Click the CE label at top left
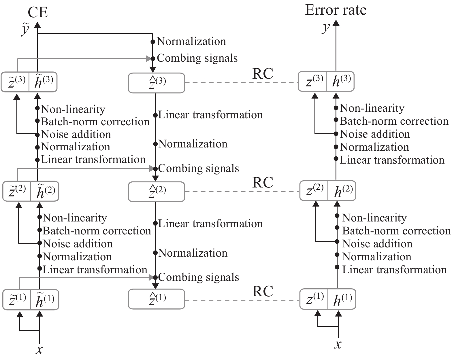(x=38, y=12)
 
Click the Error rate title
(x=336, y=10)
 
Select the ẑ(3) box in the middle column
(x=156, y=83)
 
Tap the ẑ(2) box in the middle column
(x=156, y=192)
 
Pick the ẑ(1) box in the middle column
(x=156, y=299)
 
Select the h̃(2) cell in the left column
(x=45, y=191)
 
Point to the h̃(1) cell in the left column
(x=45, y=300)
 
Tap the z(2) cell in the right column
(x=314, y=190)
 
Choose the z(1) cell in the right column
(x=314, y=299)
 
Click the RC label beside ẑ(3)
(x=263, y=74)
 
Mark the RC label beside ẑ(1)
(x=263, y=291)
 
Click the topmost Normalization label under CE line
(x=191, y=41)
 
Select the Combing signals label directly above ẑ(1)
(x=199, y=277)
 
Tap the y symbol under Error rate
(x=326, y=28)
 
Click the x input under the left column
(x=39, y=349)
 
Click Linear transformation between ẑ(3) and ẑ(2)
(x=210, y=115)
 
